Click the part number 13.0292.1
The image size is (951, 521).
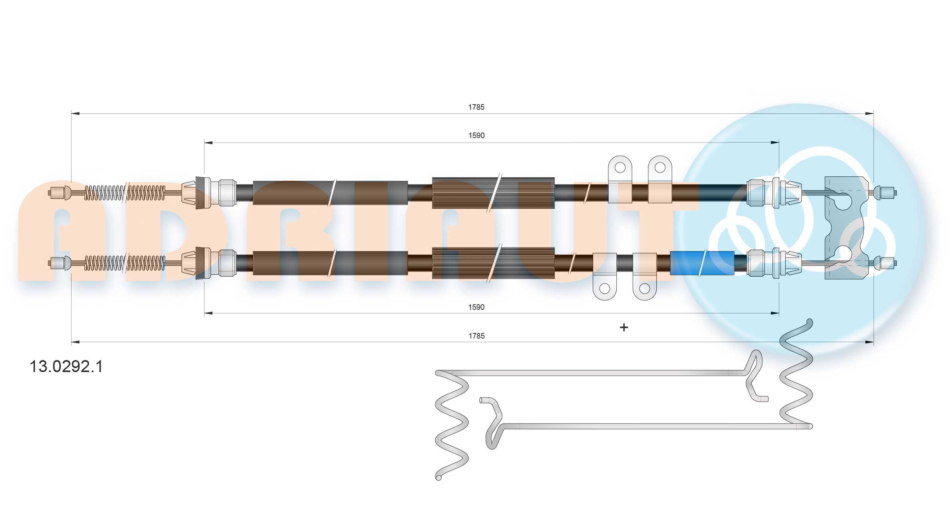click(x=66, y=366)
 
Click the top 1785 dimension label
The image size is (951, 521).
click(x=476, y=107)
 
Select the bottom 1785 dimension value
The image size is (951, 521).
click(x=476, y=336)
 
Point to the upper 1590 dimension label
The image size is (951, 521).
click(x=476, y=135)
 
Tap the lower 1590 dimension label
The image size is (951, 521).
click(x=476, y=307)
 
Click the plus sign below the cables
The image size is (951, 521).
click(x=623, y=327)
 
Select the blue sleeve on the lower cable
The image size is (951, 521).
click(x=702, y=263)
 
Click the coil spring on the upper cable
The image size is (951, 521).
click(x=125, y=193)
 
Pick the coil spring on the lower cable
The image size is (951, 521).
click(x=125, y=263)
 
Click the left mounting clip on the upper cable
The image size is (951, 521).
click(x=620, y=179)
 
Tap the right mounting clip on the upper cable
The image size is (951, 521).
click(x=660, y=179)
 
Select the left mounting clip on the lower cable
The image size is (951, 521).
click(x=605, y=276)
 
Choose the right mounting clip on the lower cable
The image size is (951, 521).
click(x=645, y=276)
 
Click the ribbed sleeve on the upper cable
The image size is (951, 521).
click(x=493, y=193)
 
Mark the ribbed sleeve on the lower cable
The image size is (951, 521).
click(x=493, y=263)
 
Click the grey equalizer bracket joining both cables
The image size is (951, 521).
click(x=847, y=228)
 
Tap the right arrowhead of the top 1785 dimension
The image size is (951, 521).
click(x=869, y=114)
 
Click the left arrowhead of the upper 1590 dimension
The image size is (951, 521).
click(x=208, y=142)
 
